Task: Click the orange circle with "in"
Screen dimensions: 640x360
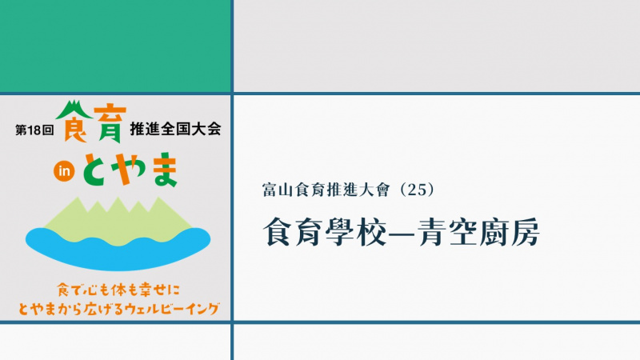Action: [64, 171]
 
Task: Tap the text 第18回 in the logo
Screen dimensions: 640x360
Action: [34, 130]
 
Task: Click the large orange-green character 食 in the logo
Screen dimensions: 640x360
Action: [74, 122]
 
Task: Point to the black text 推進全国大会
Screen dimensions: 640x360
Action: [175, 129]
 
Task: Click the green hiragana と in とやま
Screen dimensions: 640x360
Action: [96, 171]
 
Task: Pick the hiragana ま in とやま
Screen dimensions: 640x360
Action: [165, 170]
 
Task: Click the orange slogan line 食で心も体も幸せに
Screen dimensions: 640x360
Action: [118, 290]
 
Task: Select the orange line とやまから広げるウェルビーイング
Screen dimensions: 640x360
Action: [118, 309]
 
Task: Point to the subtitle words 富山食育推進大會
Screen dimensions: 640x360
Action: [326, 190]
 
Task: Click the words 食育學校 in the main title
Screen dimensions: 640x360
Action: [325, 232]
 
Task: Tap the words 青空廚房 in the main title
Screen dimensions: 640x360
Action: [478, 232]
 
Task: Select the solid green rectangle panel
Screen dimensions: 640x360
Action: [115, 46]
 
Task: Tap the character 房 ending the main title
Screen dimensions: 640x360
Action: [526, 232]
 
